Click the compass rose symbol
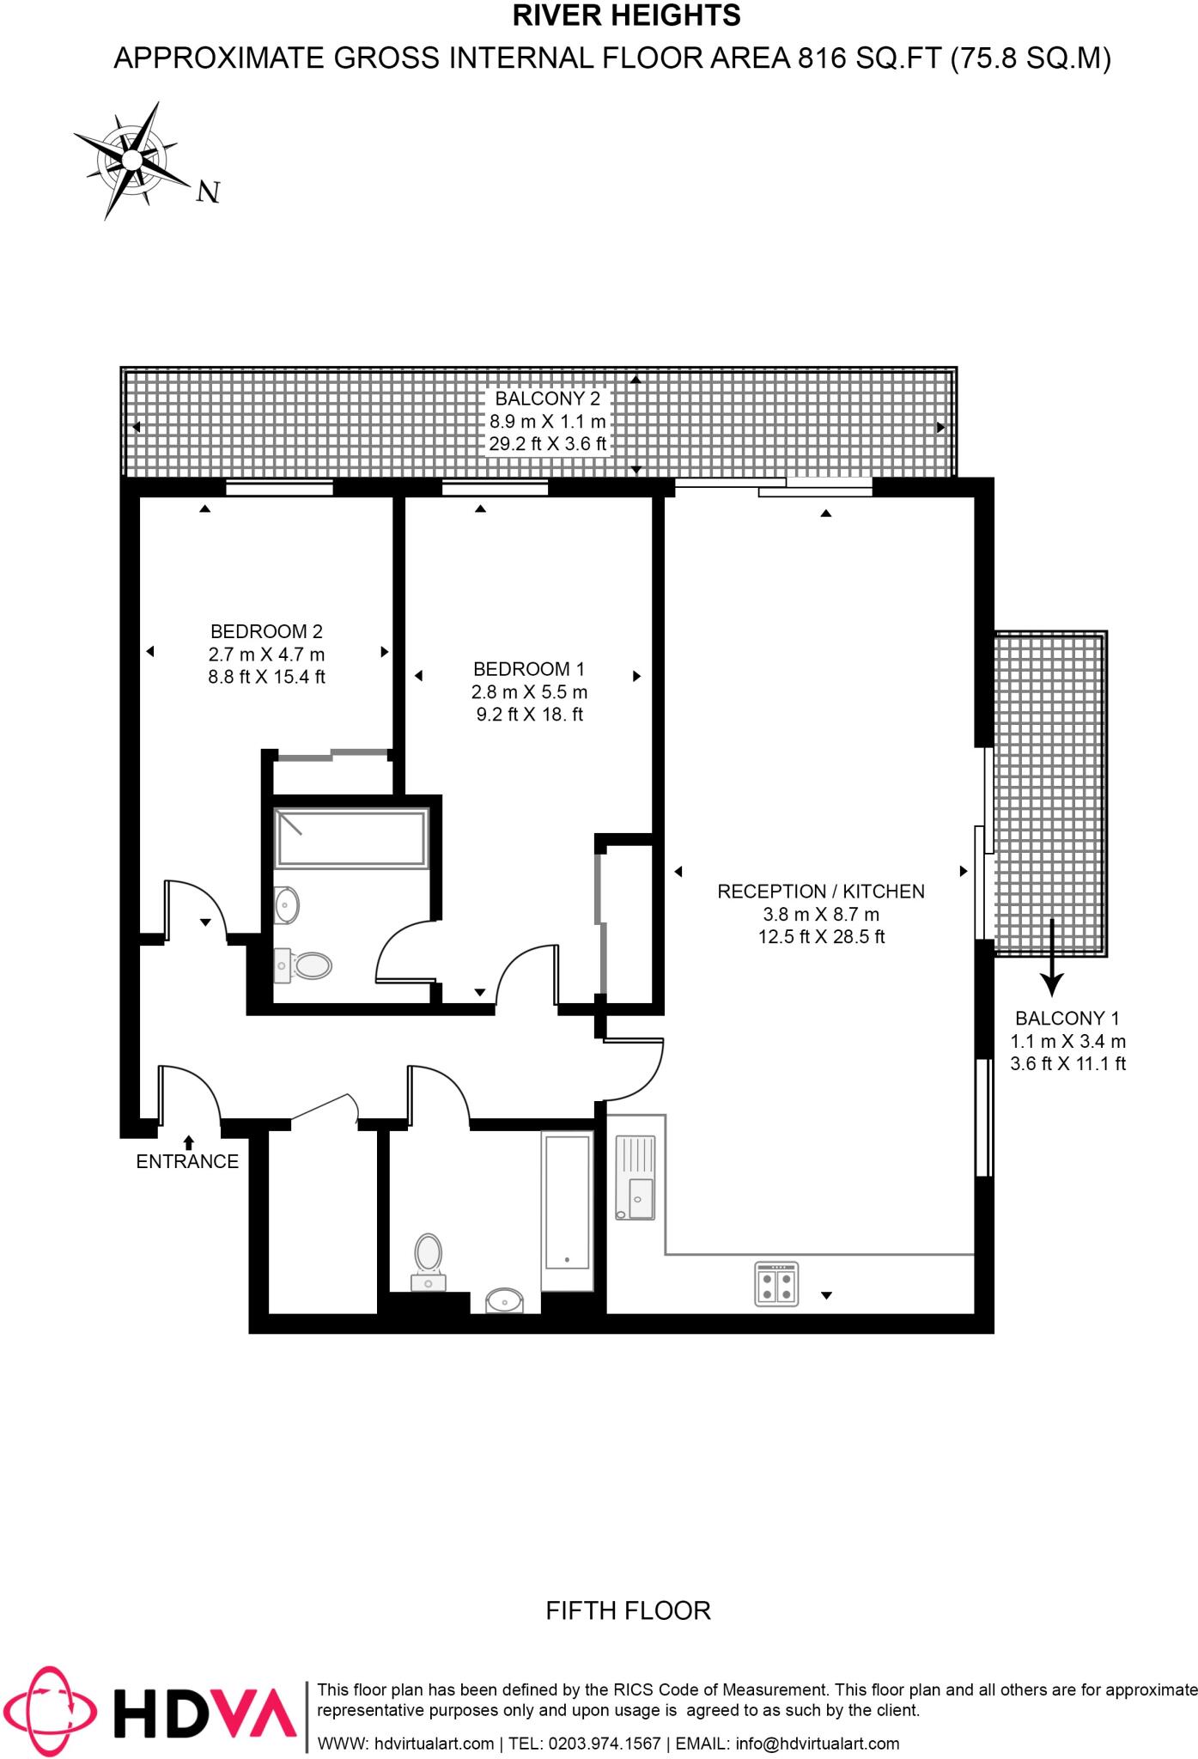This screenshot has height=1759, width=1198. click(131, 160)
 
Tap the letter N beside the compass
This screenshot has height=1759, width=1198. click(208, 192)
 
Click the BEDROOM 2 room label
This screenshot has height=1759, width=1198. click(266, 631)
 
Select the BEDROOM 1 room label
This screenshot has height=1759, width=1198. click(529, 668)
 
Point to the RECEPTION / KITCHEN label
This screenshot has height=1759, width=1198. click(820, 891)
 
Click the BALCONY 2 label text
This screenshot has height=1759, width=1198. click(548, 399)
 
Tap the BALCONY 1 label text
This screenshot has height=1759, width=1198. click(1067, 1019)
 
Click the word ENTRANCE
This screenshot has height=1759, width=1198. click(187, 1161)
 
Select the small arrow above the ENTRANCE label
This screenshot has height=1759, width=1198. click(188, 1141)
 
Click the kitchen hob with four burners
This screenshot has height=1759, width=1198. click(776, 1284)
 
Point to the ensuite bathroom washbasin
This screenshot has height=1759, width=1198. click(287, 904)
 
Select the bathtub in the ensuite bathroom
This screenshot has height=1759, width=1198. click(350, 837)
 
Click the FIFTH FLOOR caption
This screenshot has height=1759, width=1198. click(628, 1610)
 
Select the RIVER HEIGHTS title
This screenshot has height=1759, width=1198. click(626, 16)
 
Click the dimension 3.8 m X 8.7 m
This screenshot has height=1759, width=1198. click(820, 914)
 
